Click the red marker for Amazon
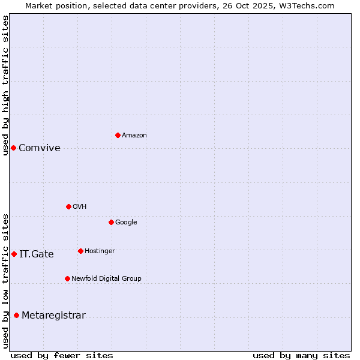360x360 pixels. coord(118,135)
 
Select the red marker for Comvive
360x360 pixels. coord(13,148)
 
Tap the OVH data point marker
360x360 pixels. coord(68,206)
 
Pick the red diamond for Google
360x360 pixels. coord(111,222)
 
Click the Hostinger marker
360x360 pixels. coord(80,251)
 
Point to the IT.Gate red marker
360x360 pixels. coord(14,254)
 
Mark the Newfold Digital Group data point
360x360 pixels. coord(67,278)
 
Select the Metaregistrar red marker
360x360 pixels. coord(16,315)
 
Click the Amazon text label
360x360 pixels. coord(134,136)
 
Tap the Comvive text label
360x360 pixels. coord(40,148)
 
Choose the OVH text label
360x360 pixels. coord(80,207)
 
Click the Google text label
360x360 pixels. coord(126,223)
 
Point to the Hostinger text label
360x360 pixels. coord(100,251)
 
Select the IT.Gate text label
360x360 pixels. coord(37,254)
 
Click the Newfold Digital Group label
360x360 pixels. coord(106,279)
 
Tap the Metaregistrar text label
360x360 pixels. coord(53,316)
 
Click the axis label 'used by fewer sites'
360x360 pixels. coord(62,355)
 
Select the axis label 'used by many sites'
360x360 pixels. coord(301,355)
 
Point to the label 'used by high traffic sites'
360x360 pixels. coord(5,85)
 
